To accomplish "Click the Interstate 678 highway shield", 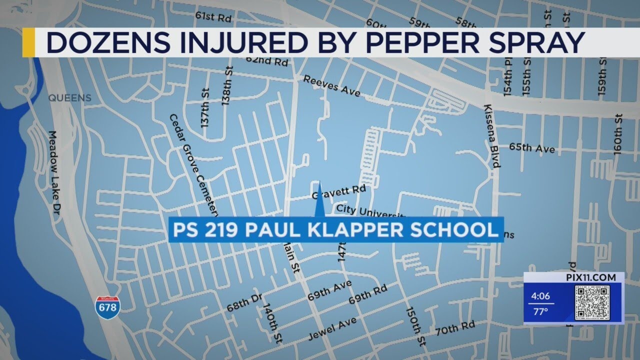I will [107, 307].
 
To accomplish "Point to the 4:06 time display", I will [540, 296].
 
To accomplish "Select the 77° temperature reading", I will [539, 311].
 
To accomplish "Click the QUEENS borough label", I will [70, 98].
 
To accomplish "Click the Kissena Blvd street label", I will [492, 136].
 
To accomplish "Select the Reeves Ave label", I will [331, 85].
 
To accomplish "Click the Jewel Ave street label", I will [332, 328].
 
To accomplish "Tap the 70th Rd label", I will [454, 328].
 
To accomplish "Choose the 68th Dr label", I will [244, 302].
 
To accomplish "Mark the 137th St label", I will [204, 107].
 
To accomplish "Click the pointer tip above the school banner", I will [319, 186].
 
